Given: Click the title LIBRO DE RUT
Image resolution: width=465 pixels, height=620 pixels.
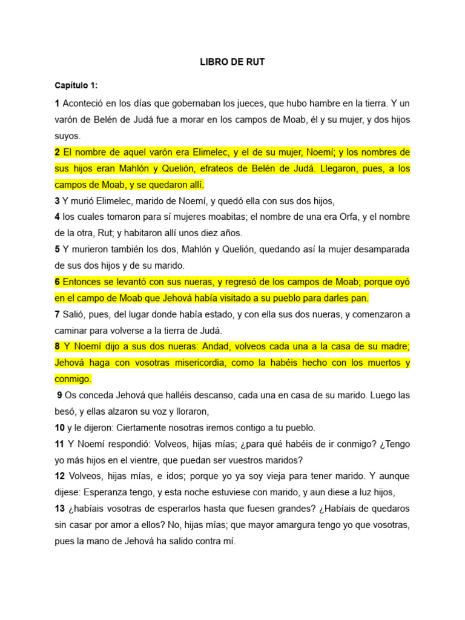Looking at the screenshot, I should [232, 62].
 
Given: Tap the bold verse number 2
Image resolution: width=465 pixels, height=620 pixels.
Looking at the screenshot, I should [58, 151].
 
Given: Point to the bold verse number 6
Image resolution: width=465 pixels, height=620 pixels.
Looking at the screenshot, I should [58, 282].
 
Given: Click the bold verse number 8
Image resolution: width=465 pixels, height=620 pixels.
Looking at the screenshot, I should [58, 346].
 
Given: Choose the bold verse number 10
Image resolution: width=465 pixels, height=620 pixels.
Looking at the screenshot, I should [59, 427].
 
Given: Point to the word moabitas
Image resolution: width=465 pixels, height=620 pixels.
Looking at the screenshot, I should [221, 217].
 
